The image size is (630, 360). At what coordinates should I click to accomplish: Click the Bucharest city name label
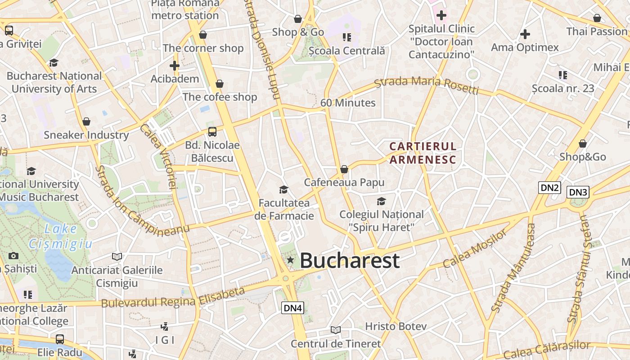tap(350, 261)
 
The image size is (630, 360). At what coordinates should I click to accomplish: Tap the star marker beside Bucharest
tap(291, 260)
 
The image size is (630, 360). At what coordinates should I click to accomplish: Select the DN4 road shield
tap(293, 308)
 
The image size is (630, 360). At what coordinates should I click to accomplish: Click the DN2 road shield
tap(549, 188)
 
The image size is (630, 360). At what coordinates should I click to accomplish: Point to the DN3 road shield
tap(578, 192)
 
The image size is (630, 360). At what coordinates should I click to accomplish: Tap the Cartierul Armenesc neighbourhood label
tap(423, 153)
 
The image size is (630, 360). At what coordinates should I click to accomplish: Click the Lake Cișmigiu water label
tap(61, 236)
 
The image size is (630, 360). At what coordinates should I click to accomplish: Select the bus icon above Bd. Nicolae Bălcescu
tap(212, 132)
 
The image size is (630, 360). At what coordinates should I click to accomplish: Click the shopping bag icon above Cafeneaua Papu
tap(344, 169)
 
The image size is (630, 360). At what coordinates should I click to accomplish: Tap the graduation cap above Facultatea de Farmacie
tap(283, 189)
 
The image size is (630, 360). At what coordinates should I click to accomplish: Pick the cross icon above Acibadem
tap(175, 66)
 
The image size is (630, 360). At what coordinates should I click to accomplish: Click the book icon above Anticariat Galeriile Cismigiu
tap(117, 256)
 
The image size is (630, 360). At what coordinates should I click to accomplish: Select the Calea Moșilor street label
tap(475, 249)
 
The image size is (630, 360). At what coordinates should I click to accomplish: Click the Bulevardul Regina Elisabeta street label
tap(173, 298)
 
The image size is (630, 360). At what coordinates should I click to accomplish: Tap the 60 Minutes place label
tap(348, 103)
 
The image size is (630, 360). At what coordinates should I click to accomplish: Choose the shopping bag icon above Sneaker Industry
tap(86, 121)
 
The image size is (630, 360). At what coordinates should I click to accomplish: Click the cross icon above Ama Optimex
tap(525, 34)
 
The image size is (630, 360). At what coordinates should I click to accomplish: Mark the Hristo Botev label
tap(396, 326)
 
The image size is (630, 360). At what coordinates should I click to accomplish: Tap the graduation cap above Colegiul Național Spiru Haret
tap(381, 201)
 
